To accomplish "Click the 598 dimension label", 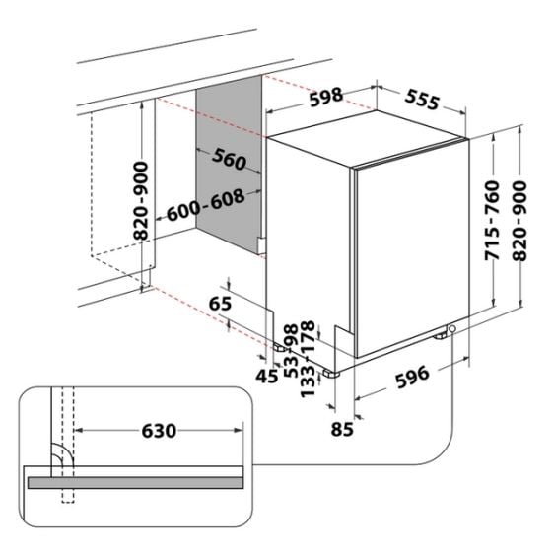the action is click(x=326, y=97).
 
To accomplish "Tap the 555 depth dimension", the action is click(x=422, y=100).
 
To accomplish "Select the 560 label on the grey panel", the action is click(x=229, y=159).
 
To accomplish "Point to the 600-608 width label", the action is click(x=205, y=205).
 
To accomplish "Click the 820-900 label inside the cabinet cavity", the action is click(x=141, y=201).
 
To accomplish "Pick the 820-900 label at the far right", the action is click(x=519, y=221).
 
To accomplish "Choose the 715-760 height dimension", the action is click(x=492, y=221).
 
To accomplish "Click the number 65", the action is click(x=220, y=304).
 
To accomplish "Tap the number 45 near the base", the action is click(x=267, y=376).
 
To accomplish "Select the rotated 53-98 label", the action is click(x=292, y=351).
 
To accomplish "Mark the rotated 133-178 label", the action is click(x=307, y=359).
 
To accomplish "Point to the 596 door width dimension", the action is click(x=412, y=377).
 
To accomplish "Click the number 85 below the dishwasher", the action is click(x=342, y=429).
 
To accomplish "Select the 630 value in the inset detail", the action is click(x=159, y=431).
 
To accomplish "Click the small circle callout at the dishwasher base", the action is click(x=451, y=329).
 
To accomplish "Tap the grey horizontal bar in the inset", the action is click(x=135, y=483).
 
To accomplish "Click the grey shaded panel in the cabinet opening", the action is click(x=229, y=165).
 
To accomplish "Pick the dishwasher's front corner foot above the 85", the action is click(x=331, y=374).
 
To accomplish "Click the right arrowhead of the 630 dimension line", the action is click(x=239, y=431).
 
